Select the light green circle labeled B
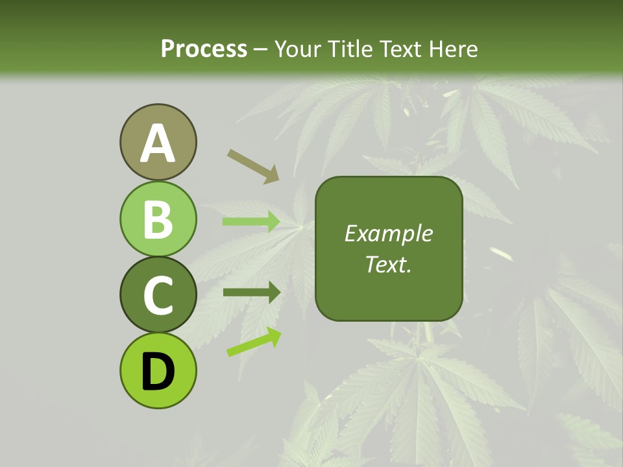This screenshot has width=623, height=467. coord(158,219)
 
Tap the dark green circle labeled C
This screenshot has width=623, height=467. coord(158,294)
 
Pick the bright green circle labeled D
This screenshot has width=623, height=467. coord(158,370)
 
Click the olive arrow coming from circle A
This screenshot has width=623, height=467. coord(253,165)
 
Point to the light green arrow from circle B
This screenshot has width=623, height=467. coord(251,222)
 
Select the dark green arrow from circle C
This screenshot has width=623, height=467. coord(252,292)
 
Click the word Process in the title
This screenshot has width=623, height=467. coord(204,49)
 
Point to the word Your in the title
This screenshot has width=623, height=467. coord(297,49)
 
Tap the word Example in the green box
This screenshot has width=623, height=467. coord(389,233)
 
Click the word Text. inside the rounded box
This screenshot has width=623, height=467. coord(389,264)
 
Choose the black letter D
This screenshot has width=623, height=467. coord(158,372)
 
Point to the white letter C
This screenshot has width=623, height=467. coord(158,296)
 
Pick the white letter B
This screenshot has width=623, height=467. coord(158,220)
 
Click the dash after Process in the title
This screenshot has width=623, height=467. coord(261,49)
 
